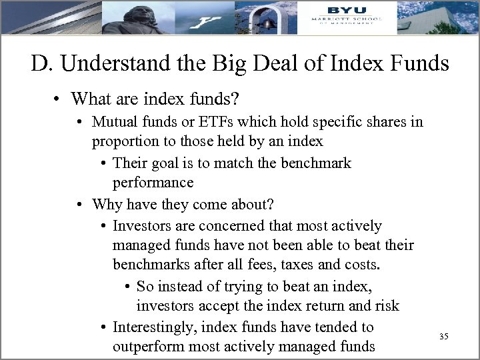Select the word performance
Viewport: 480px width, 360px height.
coord(153,183)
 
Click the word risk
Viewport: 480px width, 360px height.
coord(386,306)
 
